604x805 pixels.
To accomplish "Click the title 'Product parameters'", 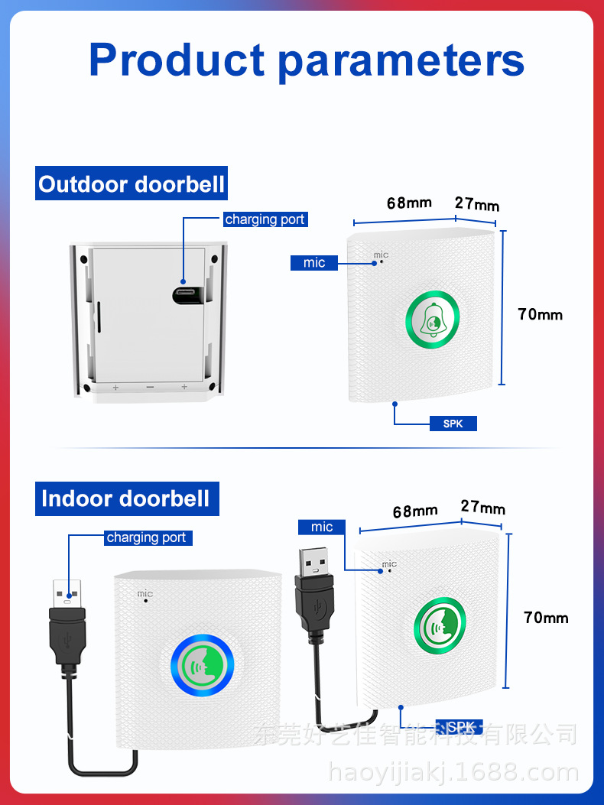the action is [307, 60].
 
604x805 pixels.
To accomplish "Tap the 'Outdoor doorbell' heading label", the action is [132, 184].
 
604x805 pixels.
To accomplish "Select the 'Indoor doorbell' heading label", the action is [126, 498].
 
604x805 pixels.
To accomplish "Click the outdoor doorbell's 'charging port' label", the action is [265, 219].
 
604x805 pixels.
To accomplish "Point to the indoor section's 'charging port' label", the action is [146, 537].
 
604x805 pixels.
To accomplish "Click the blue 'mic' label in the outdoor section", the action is [313, 262].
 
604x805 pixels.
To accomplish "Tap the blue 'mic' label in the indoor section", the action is [322, 527].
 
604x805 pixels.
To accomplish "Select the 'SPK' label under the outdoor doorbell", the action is [453, 423].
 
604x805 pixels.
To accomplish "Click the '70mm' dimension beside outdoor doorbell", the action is [540, 314].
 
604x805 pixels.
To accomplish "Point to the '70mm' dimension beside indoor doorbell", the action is [546, 617].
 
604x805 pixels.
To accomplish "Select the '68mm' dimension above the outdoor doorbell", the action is [409, 203].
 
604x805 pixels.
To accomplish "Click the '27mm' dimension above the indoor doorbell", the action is [482, 508].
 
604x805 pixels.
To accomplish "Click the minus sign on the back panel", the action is [150, 388].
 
